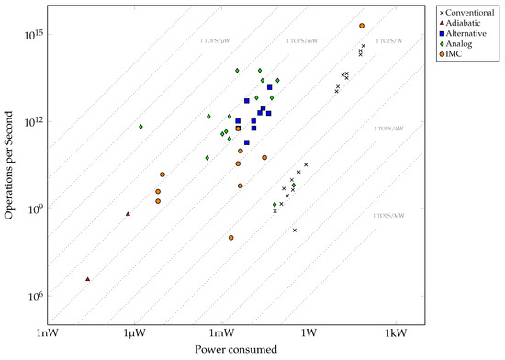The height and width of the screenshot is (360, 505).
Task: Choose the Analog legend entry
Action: click(x=459, y=43)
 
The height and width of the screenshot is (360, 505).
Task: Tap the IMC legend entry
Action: click(x=454, y=54)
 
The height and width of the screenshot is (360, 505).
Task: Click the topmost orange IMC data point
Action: click(x=362, y=26)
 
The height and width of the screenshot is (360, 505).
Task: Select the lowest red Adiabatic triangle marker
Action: click(x=87, y=279)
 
